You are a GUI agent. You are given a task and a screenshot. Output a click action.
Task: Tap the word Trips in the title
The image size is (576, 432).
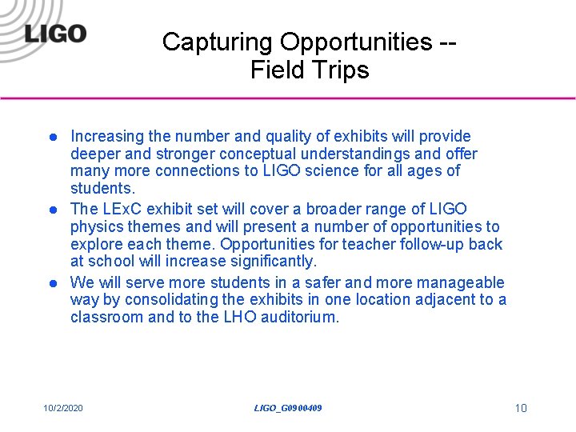point(342,70)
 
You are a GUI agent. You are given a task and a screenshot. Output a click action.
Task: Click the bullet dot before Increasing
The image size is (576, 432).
point(50,137)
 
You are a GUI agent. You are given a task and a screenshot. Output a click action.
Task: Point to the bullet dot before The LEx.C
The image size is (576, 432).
point(50,210)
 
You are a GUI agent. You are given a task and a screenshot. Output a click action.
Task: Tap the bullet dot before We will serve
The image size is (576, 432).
point(50,282)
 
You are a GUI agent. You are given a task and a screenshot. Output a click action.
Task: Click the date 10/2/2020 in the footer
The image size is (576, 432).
point(63,409)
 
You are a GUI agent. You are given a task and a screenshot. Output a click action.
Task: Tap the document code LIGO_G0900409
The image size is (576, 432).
point(288,409)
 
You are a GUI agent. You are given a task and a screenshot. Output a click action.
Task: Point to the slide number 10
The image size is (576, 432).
point(521,409)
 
